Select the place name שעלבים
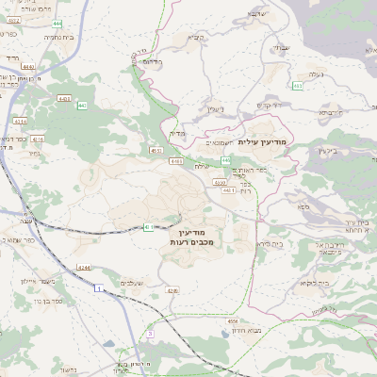pyautogui.click(x=131, y=283)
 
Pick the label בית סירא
pyautogui.click(x=270, y=243)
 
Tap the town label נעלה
pyautogui.click(x=314, y=74)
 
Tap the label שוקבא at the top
pyautogui.click(x=257, y=15)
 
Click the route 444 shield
pyautogui.click(x=57, y=22)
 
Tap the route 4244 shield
pyautogui.click(x=84, y=269)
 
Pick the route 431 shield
pyautogui.click(x=148, y=226)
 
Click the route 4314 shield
pyautogui.click(x=20, y=122)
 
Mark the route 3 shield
pyautogui.click(x=150, y=334)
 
